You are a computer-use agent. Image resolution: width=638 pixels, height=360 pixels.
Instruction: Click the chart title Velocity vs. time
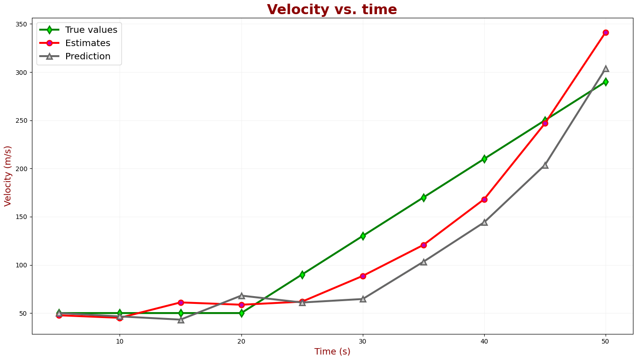(x=332, y=10)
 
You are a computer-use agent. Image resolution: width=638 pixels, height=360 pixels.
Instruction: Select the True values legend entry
(x=91, y=30)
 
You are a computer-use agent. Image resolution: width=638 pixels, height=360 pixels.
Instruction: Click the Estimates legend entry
(x=88, y=43)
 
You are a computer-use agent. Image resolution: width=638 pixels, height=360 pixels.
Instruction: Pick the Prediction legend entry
(x=88, y=57)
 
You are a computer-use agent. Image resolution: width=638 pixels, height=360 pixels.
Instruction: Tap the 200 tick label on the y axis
(x=22, y=169)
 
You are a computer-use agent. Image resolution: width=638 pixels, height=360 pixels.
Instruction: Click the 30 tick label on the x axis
(x=363, y=341)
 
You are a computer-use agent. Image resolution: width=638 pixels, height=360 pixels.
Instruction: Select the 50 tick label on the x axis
(x=606, y=341)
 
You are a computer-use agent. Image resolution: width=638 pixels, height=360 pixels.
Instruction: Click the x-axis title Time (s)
(x=332, y=352)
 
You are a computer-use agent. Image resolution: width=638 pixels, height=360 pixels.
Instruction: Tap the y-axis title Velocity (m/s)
(x=8, y=176)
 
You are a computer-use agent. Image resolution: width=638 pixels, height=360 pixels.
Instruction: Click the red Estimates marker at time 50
(x=606, y=32)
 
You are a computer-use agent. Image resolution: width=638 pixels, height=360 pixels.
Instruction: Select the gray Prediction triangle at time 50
(x=606, y=68)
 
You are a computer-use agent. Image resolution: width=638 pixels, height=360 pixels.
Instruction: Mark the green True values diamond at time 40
(x=484, y=159)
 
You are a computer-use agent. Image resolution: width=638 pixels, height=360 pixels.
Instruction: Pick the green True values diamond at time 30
(x=363, y=236)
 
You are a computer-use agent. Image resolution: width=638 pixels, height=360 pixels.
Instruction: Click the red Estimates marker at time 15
(x=181, y=303)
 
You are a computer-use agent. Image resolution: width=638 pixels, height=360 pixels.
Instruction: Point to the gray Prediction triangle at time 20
(x=241, y=296)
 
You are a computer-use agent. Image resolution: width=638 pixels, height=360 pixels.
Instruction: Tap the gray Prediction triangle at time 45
(x=545, y=165)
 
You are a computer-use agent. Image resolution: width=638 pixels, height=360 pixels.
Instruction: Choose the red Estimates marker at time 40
(x=484, y=199)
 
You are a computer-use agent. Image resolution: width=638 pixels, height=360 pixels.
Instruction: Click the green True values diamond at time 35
(x=424, y=198)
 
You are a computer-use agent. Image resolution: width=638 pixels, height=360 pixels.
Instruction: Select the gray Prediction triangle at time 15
(x=181, y=320)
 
